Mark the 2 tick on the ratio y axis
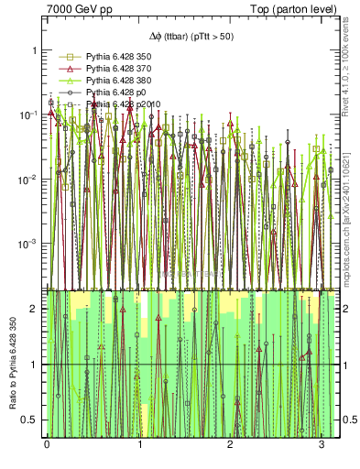click(x=35, y=309)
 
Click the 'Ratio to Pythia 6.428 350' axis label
click(x=12, y=362)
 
